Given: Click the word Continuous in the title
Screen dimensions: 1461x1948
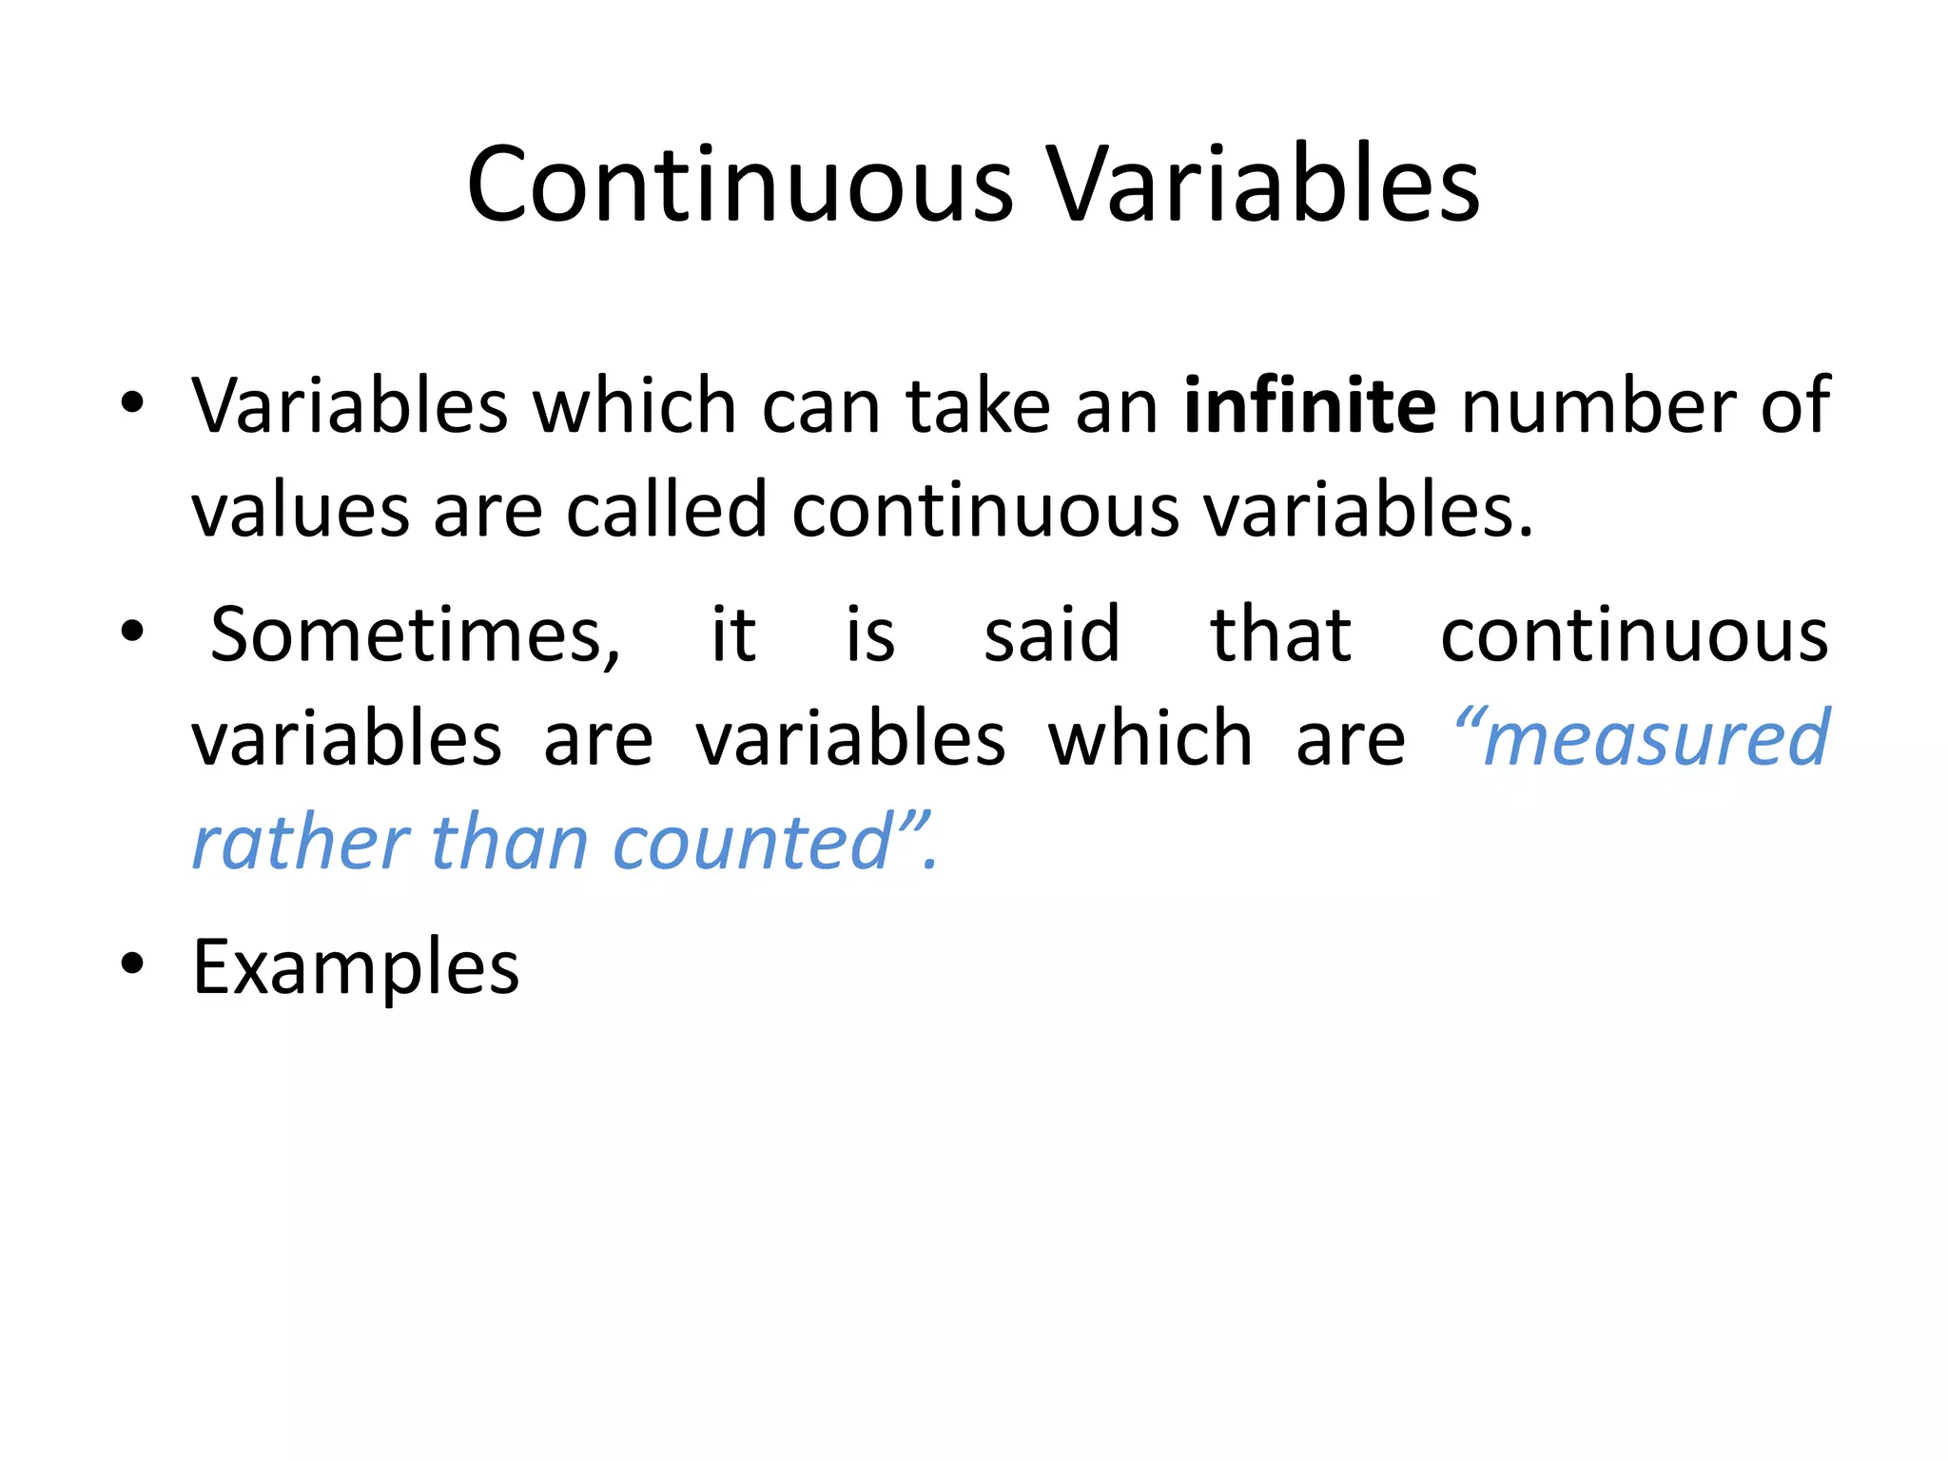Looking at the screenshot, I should [740, 185].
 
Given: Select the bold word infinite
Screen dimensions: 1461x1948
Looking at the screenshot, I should [1309, 406].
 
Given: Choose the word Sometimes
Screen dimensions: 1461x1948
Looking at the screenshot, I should [415, 635].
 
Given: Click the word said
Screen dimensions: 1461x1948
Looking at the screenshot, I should [1051, 635].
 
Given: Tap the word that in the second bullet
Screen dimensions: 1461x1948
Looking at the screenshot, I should [1280, 635].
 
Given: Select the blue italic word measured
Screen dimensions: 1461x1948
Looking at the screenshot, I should [1655, 740].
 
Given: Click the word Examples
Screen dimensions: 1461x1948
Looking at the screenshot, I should [356, 967].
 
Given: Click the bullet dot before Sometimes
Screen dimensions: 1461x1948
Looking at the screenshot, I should [132, 631].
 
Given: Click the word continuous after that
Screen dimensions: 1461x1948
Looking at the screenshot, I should [1633, 635].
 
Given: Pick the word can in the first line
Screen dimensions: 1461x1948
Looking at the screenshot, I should [821, 406].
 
